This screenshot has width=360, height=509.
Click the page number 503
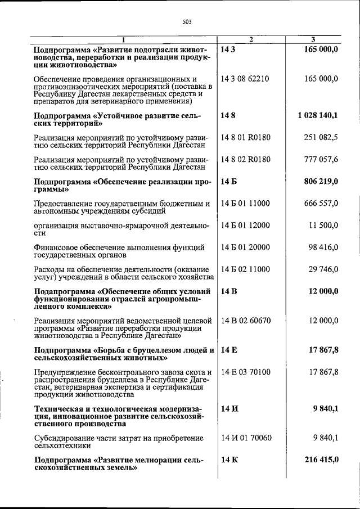(x=187, y=22)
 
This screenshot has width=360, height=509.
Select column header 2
(x=251, y=39)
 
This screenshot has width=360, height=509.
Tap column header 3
(x=313, y=39)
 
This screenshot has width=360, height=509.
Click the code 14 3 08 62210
(x=246, y=78)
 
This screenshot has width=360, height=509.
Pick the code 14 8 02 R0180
(x=246, y=159)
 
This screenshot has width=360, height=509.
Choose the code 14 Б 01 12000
(x=246, y=226)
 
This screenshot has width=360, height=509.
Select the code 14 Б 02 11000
(x=246, y=269)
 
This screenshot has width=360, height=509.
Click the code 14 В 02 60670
(x=246, y=321)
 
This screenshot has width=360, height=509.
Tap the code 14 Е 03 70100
(x=246, y=372)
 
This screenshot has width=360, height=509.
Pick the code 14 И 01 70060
(x=246, y=438)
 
